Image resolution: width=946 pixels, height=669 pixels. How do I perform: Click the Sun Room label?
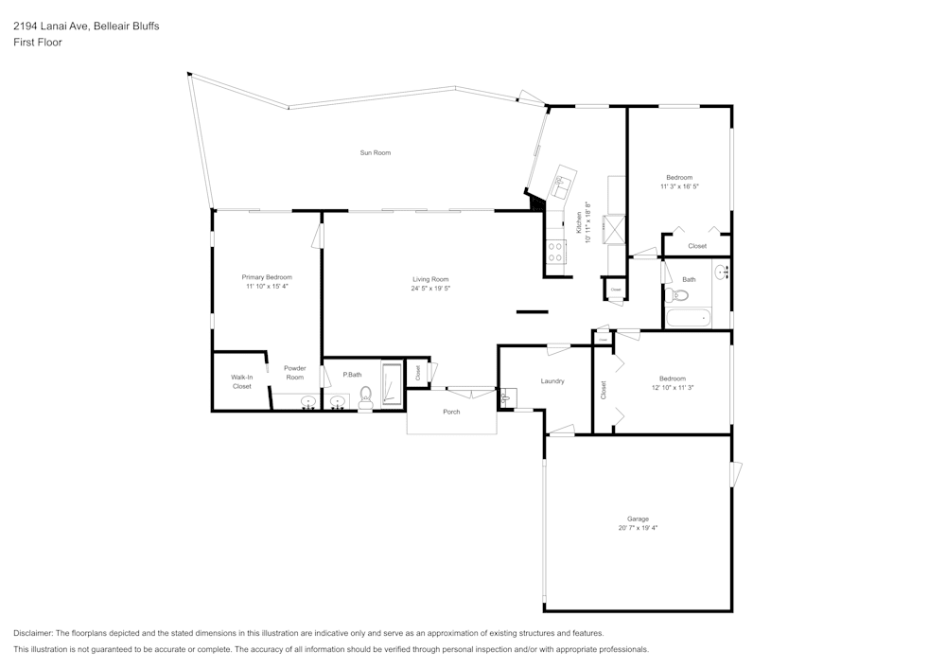375,152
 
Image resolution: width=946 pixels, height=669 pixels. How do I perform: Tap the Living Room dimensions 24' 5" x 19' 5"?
430,288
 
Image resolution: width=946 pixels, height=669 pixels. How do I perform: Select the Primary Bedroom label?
267,277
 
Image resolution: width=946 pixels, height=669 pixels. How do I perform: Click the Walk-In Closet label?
242,381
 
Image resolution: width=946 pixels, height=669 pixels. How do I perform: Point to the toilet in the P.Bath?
366,399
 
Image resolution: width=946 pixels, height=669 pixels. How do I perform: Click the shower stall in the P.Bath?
392,383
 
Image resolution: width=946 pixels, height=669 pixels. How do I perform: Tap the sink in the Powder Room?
307,402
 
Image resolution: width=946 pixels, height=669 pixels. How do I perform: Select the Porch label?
451,412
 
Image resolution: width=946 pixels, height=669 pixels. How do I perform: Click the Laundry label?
552,381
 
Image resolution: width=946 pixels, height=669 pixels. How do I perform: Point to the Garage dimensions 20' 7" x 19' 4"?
638,527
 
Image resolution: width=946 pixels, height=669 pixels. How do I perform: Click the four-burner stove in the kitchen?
555,251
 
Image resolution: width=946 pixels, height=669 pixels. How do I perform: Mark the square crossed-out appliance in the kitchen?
615,230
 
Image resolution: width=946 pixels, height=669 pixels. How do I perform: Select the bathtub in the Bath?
688,318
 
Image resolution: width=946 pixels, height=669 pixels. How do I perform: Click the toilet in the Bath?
677,295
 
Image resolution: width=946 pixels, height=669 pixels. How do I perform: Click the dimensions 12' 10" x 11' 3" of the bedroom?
673,387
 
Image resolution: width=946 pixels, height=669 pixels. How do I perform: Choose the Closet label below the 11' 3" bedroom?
697,246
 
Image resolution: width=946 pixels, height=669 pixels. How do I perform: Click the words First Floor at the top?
38,43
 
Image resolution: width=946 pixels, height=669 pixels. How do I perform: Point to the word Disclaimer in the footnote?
33,632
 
